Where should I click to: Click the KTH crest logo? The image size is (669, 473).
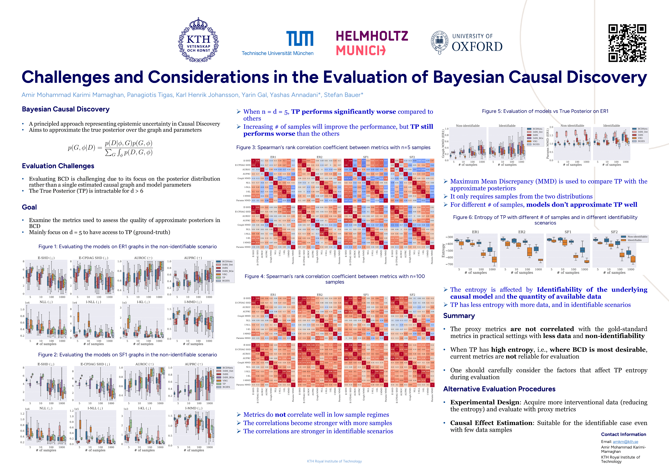pyautogui.click(x=198, y=40)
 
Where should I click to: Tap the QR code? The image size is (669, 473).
pyautogui.click(x=627, y=43)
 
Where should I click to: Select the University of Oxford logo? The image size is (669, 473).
pyautogui.click(x=467, y=43)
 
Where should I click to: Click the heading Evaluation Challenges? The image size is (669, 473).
pyautogui.click(x=58, y=166)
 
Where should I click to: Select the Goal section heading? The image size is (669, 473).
pyautogui.click(x=29, y=207)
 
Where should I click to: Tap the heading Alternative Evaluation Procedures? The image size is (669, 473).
pyautogui.click(x=499, y=389)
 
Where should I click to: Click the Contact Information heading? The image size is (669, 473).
pyautogui.click(x=623, y=434)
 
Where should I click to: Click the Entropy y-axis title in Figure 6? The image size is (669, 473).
pyautogui.click(x=443, y=250)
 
